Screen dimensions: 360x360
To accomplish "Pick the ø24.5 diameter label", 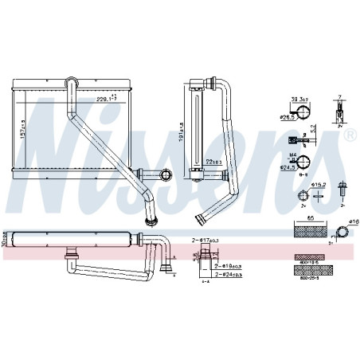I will pos(288,168).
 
